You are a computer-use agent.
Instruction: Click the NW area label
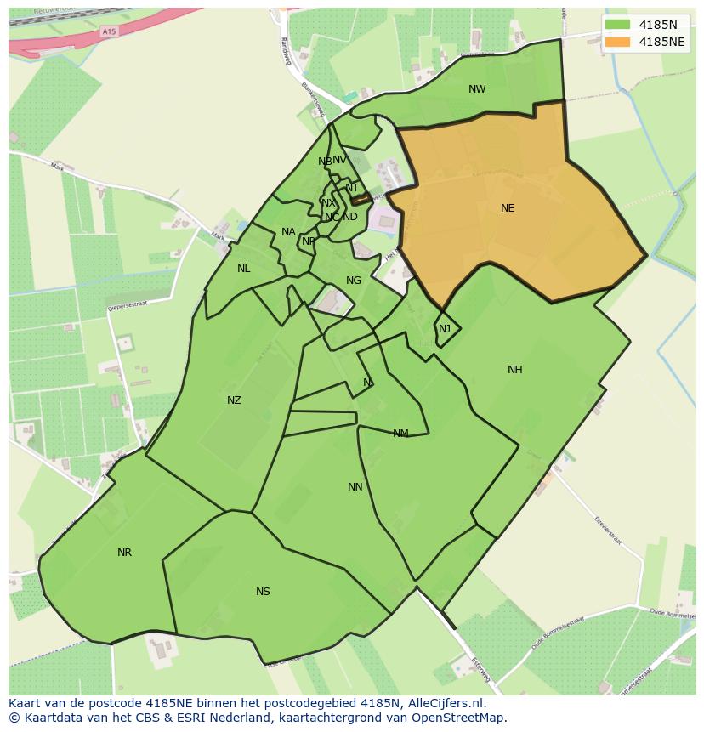point(477,89)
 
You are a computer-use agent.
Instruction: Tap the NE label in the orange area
point(508,208)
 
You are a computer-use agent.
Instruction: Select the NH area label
point(515,370)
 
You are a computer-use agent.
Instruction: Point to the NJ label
point(445,329)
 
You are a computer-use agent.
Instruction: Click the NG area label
point(354,281)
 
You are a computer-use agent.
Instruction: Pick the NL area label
point(244,269)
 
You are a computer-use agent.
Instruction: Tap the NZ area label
point(234,400)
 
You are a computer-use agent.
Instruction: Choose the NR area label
point(125,553)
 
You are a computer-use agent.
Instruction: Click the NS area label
point(263,592)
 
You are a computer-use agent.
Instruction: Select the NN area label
point(355,487)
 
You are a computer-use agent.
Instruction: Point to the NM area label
point(400,434)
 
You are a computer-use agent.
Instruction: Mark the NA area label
point(288,232)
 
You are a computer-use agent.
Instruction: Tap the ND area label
point(350,217)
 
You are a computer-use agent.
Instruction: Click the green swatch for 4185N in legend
point(618,25)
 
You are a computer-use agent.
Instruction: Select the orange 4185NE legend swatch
point(618,42)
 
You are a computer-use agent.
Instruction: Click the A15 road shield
point(107,31)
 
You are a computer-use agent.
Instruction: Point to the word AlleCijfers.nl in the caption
point(442,703)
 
